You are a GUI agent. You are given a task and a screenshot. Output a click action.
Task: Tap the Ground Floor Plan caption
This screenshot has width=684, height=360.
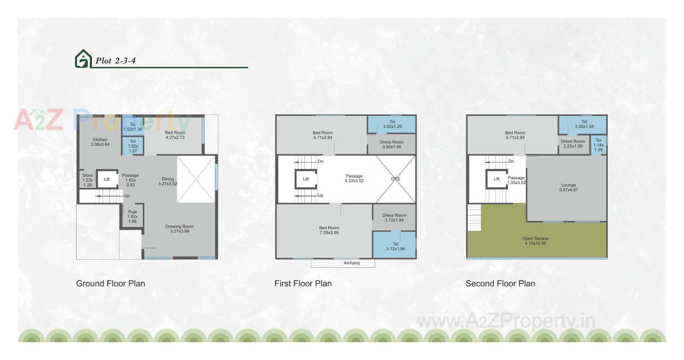coord(110,283)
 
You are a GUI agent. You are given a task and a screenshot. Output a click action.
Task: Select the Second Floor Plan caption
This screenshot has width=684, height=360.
coord(500,283)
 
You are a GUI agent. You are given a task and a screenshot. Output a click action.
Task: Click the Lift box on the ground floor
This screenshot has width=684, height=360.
coord(107,179)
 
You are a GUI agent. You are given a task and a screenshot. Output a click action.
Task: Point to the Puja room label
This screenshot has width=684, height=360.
coord(133,216)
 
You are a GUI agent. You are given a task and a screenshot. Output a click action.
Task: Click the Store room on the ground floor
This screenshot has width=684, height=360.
coord(88,180)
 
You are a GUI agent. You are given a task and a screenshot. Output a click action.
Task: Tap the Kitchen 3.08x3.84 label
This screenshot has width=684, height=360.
coord(100,142)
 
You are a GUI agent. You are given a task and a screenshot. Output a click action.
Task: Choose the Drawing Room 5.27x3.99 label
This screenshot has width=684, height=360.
coord(180,229)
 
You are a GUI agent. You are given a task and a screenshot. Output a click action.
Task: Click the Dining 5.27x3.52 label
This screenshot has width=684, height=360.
coord(167,181)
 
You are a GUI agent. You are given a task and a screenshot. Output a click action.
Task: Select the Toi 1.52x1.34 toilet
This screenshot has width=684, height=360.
coord(133,127)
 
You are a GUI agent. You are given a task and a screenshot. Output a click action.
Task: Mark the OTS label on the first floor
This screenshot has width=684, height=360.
coord(395,179)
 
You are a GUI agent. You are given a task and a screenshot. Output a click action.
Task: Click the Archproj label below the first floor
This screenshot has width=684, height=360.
coord(352,263)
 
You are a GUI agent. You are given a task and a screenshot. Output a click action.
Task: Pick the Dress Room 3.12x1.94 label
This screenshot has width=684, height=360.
coord(394,217)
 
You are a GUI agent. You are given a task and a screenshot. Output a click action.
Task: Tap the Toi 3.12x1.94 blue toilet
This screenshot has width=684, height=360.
coord(395,246)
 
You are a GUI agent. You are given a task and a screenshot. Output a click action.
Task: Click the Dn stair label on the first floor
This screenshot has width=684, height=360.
coord(321,161)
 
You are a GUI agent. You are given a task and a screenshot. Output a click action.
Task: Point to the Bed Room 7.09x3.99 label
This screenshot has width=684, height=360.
coord(329,230)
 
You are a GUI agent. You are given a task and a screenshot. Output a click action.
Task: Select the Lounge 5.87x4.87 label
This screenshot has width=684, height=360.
coord(569,187)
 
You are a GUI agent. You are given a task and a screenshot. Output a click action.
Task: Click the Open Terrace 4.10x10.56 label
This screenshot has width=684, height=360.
coord(535,241)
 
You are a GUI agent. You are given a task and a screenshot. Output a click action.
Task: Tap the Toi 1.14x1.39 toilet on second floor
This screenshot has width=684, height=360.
coord(598,145)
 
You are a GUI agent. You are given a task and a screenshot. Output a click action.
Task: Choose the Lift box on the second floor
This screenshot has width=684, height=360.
coord(497,179)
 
